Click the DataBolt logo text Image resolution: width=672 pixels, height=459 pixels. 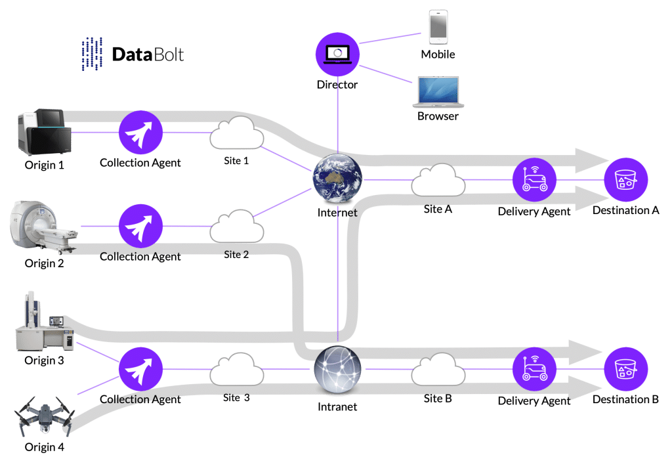[x=148, y=55]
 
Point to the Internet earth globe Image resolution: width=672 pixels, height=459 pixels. [x=337, y=179]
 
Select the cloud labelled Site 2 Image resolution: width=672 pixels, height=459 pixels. [x=236, y=227]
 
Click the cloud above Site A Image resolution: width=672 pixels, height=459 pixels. [x=438, y=179]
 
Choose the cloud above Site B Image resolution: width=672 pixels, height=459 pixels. [x=438, y=371]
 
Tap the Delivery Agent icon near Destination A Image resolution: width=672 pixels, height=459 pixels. [x=534, y=179]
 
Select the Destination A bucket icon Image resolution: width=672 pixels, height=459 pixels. [x=626, y=179]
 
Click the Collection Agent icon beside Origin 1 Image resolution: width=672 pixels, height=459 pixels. [x=140, y=133]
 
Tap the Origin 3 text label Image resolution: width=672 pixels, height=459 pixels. [x=45, y=361]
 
